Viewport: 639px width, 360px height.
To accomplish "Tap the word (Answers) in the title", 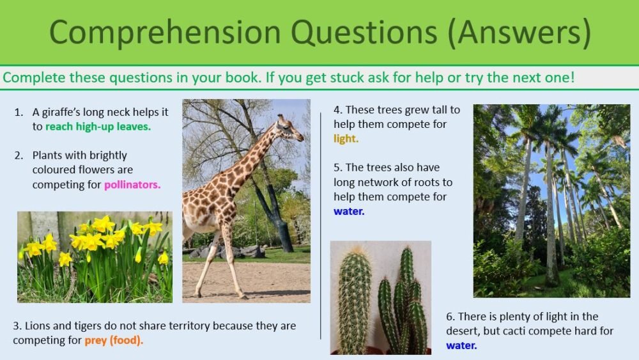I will [x=519, y=33].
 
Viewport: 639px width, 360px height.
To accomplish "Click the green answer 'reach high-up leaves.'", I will [x=98, y=127].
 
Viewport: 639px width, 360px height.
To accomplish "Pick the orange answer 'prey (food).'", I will [x=114, y=340].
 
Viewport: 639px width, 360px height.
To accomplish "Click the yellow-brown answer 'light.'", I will [x=346, y=138].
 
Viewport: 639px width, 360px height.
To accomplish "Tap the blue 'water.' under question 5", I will [x=349, y=211].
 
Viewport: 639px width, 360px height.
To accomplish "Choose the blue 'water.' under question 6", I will [x=461, y=345].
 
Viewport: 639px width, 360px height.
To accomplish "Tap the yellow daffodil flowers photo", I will [x=95, y=256].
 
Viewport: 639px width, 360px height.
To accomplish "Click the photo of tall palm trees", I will [x=551, y=201].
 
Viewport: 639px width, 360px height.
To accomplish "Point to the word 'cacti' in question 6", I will [x=523, y=331].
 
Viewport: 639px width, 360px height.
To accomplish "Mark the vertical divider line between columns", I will [x=321, y=224].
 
